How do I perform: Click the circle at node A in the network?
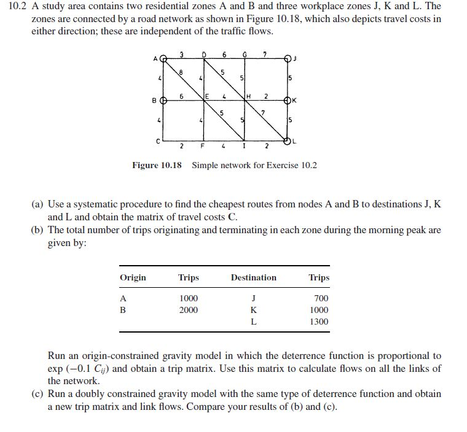(x=163, y=60)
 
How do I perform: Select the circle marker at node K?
(x=289, y=100)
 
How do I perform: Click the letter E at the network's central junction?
(x=208, y=96)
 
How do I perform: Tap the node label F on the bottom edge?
(x=202, y=147)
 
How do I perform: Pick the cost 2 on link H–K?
(x=265, y=95)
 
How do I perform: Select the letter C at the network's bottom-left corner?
(x=158, y=141)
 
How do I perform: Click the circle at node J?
(x=289, y=60)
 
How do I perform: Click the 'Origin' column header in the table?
(x=133, y=277)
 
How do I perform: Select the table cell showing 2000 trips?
(x=188, y=310)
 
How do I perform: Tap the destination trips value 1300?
(x=319, y=322)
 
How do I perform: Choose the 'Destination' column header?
(x=253, y=277)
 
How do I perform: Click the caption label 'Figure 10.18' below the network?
(x=157, y=165)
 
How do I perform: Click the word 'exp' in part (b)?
(x=55, y=368)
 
